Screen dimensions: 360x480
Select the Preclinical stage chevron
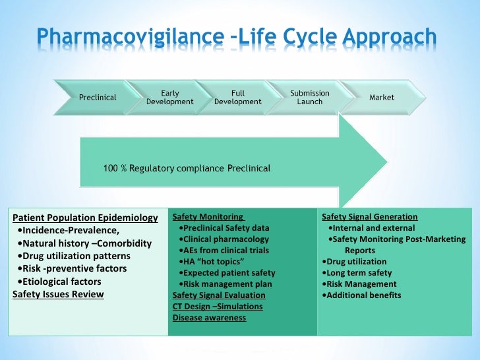coord(98,98)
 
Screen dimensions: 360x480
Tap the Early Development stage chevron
coord(169,98)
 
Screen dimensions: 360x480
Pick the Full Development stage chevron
coord(237,98)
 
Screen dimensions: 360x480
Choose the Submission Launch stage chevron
coord(309,98)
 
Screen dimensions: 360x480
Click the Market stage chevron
coord(382,98)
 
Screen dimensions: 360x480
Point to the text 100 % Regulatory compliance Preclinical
coord(187,168)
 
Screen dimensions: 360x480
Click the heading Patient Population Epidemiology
coord(85,218)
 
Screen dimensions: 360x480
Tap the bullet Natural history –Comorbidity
coord(85,243)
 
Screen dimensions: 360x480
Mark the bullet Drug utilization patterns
coord(75,256)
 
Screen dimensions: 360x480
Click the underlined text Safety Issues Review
coord(58,294)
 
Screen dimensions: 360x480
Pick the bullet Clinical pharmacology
coord(223,239)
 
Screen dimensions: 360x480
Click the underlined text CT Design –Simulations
coord(218,307)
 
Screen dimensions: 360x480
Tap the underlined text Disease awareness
coord(209,318)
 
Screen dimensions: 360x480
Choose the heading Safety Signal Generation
coord(369,216)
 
